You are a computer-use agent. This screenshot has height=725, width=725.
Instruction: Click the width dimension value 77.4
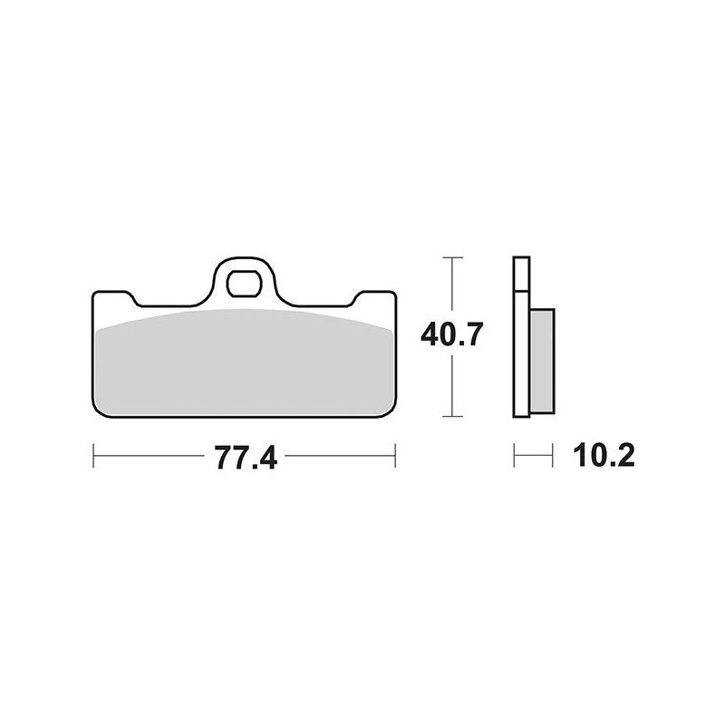tap(246, 458)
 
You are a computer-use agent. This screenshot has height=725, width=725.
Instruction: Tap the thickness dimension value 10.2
tap(604, 456)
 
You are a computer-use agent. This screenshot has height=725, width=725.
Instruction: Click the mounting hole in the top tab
tap(244, 284)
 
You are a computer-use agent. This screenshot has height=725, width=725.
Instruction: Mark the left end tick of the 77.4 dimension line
tap(94, 456)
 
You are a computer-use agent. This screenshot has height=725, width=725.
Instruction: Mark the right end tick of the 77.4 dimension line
tap(395, 456)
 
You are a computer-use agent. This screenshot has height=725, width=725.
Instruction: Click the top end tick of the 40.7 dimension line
tap(451, 258)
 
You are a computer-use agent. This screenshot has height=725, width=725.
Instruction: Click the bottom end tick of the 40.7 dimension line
tap(451, 417)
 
